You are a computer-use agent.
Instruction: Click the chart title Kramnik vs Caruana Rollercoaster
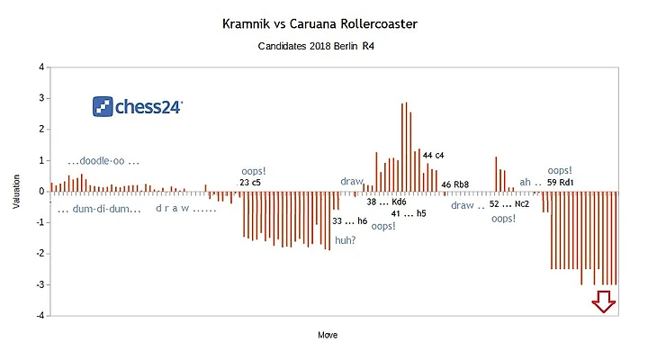click(x=319, y=24)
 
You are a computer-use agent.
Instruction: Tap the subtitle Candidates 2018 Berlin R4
click(x=316, y=46)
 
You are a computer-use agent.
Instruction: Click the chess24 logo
click(x=138, y=106)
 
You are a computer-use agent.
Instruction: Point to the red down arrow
click(x=604, y=301)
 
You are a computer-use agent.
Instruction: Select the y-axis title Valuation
click(x=16, y=192)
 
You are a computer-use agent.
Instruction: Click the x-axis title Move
click(x=328, y=335)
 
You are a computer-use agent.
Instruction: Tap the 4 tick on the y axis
click(x=41, y=67)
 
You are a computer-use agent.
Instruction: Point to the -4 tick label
click(x=40, y=316)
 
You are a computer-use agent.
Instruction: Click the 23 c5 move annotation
click(x=250, y=183)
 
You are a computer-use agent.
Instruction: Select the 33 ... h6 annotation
click(x=350, y=220)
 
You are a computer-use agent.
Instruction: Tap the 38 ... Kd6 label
click(x=386, y=202)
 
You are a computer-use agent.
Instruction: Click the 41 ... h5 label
click(x=409, y=213)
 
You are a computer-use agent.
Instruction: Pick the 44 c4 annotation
click(x=433, y=156)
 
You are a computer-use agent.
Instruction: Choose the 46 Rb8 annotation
click(x=455, y=184)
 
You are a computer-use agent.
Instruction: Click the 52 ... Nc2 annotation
click(x=509, y=204)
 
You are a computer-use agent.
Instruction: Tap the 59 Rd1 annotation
click(x=560, y=183)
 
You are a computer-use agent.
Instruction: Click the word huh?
click(x=346, y=240)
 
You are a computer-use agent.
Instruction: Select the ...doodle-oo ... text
click(x=103, y=161)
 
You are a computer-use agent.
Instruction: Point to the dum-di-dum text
click(x=99, y=209)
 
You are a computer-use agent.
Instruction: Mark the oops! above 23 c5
click(x=254, y=171)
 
